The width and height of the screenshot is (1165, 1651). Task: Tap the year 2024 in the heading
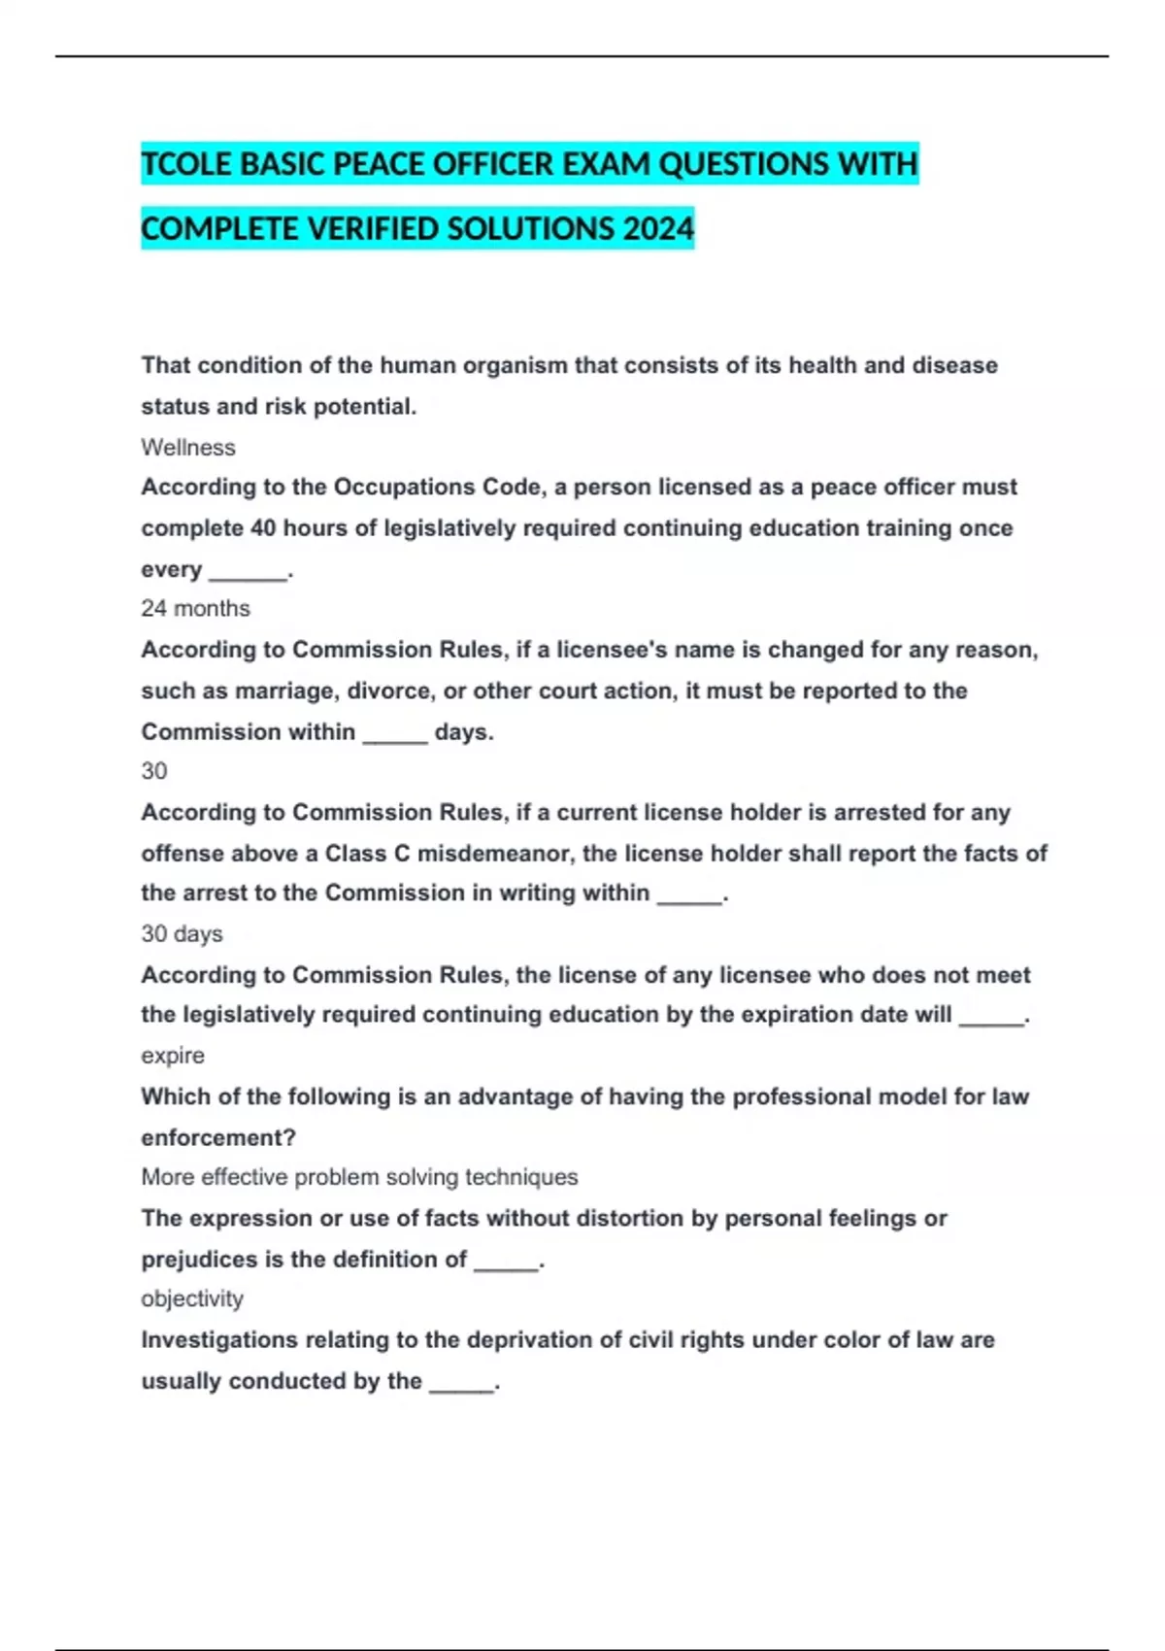pos(658,229)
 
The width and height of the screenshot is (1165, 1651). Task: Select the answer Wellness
pos(188,448)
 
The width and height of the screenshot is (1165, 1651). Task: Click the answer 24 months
pos(195,609)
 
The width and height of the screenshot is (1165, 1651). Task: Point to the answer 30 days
pos(182,934)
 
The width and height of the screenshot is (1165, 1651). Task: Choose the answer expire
pos(173,1056)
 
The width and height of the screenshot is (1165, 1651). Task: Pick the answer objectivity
pos(192,1299)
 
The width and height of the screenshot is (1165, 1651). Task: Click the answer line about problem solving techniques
pos(359,1177)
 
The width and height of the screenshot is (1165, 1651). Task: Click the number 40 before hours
pos(263,528)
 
